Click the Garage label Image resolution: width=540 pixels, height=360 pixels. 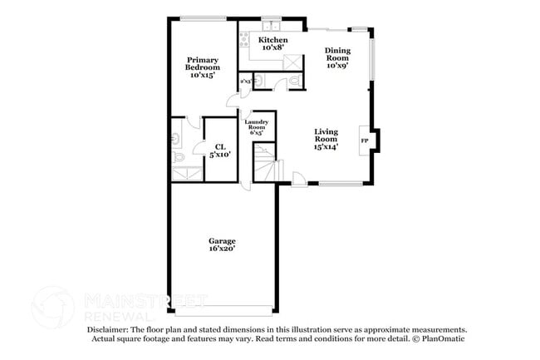click(222, 244)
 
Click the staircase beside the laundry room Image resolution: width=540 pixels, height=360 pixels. click(264, 162)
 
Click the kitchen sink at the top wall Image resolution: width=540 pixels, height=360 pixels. click(272, 25)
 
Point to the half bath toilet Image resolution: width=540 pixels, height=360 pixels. click(293, 81)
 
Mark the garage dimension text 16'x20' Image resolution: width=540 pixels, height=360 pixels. click(222, 249)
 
